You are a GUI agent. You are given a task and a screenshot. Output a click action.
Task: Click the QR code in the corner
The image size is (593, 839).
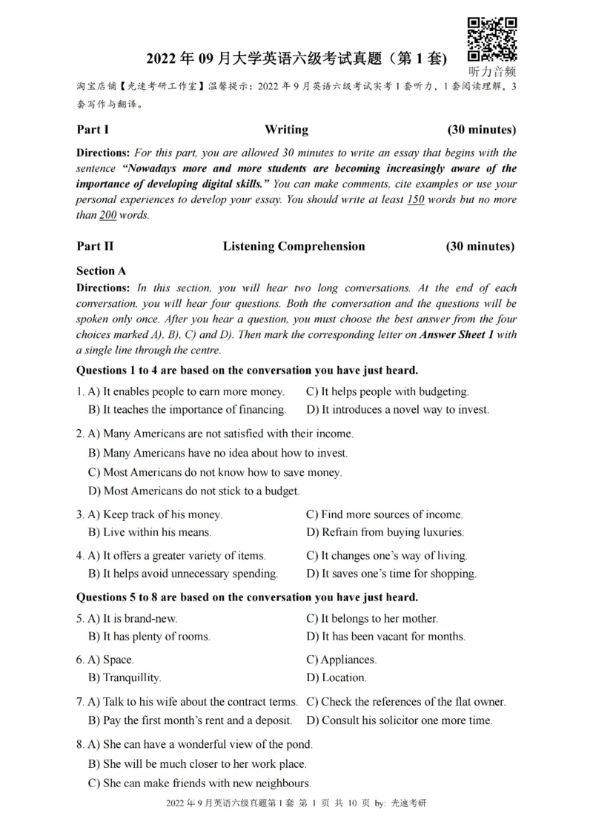492,39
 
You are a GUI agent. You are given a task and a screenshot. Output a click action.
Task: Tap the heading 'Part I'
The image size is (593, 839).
93,130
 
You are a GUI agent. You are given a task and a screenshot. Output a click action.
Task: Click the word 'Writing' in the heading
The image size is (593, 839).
286,130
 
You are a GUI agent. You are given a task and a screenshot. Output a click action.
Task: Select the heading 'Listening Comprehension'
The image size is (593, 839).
294,246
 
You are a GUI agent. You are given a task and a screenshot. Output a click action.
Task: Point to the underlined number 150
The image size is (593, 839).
416,200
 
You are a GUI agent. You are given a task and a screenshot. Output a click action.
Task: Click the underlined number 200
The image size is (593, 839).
108,216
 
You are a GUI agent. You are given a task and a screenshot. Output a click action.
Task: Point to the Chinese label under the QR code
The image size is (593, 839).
492,71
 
